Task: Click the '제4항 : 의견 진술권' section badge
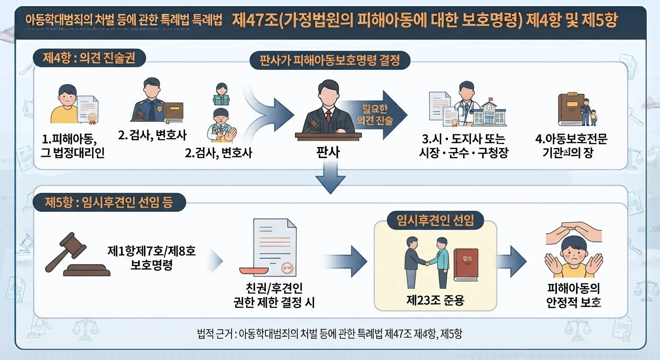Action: coord(89,58)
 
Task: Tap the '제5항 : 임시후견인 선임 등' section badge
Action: coord(109,202)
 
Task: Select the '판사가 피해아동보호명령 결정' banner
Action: coord(330,60)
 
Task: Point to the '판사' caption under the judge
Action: coord(328,152)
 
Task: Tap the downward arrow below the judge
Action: coord(330,178)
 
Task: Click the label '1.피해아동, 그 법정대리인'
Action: coord(73,146)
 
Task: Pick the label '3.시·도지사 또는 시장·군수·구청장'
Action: coord(464,146)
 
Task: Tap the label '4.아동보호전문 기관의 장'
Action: coord(571,146)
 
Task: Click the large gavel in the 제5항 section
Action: coord(77,255)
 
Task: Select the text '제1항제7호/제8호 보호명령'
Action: coord(151,258)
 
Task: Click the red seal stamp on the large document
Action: coord(287,268)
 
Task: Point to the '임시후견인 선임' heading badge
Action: coord(435,220)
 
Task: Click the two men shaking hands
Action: coord(427,262)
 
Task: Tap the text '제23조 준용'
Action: coord(435,300)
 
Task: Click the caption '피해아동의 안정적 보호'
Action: coord(573,295)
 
